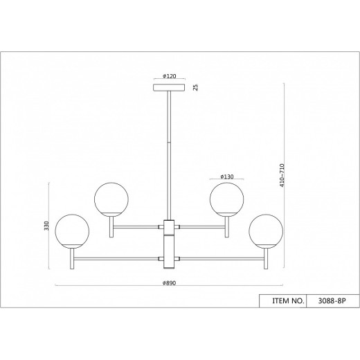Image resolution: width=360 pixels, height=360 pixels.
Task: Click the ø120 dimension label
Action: (170, 76)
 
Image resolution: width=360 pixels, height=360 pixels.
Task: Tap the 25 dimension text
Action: (196, 87)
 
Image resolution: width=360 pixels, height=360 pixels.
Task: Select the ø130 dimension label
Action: (227, 177)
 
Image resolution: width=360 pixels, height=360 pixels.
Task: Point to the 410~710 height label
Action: (282, 175)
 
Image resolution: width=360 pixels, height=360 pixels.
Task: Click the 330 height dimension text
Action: (46, 226)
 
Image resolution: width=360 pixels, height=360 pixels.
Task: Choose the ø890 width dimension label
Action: (169, 283)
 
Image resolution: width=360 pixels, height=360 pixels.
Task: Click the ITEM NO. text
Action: (288, 301)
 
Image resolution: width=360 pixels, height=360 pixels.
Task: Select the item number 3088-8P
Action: (332, 301)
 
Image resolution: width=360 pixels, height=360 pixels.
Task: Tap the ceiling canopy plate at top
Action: (169, 87)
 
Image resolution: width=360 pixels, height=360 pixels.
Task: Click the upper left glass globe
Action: (111, 199)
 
